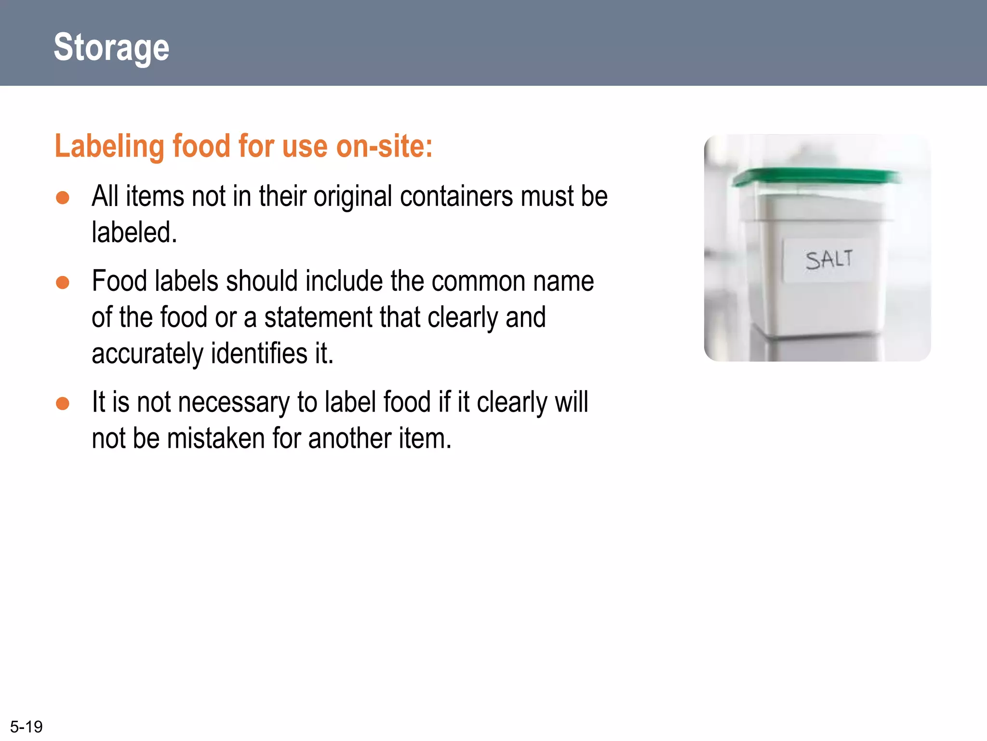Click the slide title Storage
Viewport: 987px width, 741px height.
[x=111, y=47]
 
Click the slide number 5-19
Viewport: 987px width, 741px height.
[x=26, y=727]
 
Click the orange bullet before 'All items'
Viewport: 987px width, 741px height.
[x=63, y=197]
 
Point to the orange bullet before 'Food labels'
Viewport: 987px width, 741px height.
[x=63, y=282]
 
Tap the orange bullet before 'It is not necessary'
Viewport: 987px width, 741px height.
[x=63, y=403]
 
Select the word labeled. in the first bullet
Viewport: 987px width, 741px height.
[x=134, y=233]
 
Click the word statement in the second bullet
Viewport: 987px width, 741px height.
[x=318, y=317]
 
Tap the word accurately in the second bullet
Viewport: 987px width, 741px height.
[x=147, y=354]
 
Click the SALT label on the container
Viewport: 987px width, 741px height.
[x=828, y=260]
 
